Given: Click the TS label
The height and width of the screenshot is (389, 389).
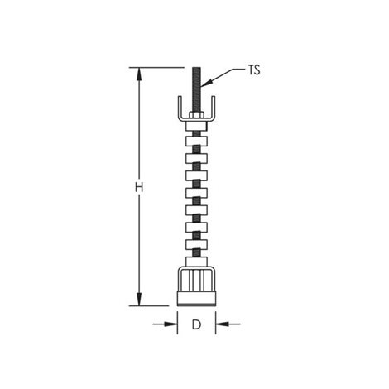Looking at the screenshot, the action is pyautogui.click(x=254, y=70).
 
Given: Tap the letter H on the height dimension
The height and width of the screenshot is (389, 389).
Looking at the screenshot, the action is pyautogui.click(x=139, y=188).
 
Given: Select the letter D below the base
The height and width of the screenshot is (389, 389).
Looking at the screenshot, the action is pyautogui.click(x=196, y=324).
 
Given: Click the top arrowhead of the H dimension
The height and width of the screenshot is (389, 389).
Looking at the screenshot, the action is pyautogui.click(x=139, y=74).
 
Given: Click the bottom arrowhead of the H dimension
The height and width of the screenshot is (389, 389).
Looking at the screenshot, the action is pyautogui.click(x=139, y=299).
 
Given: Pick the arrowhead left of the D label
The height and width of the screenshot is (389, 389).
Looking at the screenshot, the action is pyautogui.click(x=171, y=324).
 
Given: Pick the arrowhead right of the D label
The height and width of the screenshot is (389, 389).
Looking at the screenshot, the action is pyautogui.click(x=222, y=324).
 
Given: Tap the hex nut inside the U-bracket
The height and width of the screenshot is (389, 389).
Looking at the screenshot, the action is pyautogui.click(x=196, y=114).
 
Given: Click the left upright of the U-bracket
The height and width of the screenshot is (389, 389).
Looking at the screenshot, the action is pyautogui.click(x=180, y=108).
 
